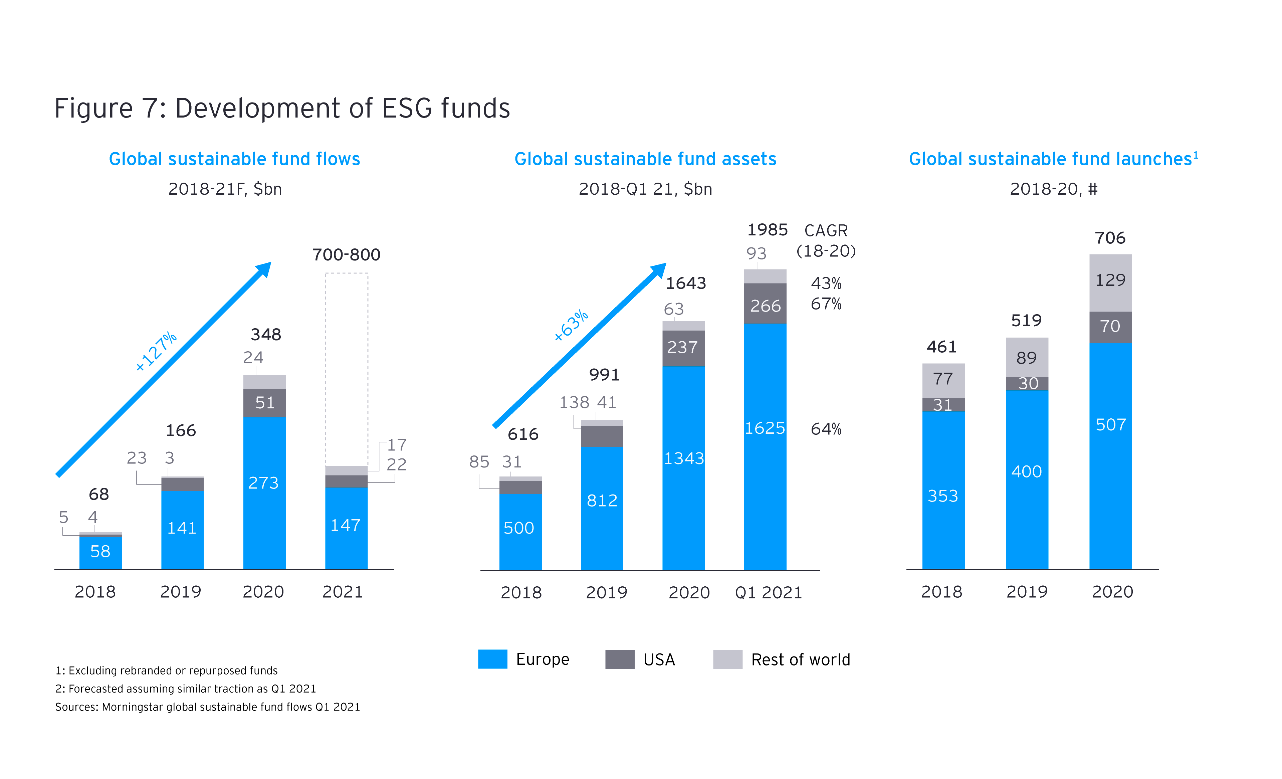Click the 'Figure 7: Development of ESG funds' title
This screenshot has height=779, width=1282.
(x=282, y=108)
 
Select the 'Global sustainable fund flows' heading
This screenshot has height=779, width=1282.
(x=234, y=159)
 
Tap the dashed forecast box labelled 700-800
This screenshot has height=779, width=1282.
(x=347, y=364)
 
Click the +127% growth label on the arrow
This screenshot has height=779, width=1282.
(x=156, y=351)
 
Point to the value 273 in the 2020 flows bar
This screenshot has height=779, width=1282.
(x=264, y=483)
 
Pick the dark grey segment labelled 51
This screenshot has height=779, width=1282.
(x=264, y=403)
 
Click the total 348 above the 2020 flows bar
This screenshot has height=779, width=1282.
(x=266, y=335)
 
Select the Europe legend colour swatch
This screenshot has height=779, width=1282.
(x=492, y=659)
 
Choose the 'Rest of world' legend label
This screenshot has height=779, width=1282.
(x=800, y=660)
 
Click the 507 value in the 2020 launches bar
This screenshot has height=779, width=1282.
(x=1110, y=425)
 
